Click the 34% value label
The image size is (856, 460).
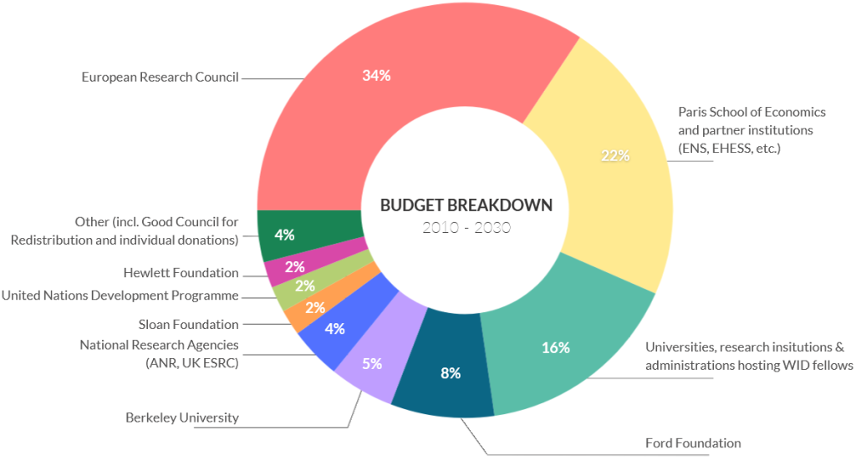pos(376,75)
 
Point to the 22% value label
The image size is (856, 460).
pos(615,155)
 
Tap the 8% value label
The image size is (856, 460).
pos(451,373)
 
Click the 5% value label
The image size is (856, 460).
pos(372,363)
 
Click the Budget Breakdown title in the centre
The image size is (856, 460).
pos(466,205)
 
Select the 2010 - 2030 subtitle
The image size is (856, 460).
pos(466,228)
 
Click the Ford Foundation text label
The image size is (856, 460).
pos(693,442)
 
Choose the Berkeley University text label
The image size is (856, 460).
pos(181,417)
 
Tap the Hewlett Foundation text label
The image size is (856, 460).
pos(181,273)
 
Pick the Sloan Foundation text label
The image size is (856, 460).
pos(188,324)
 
